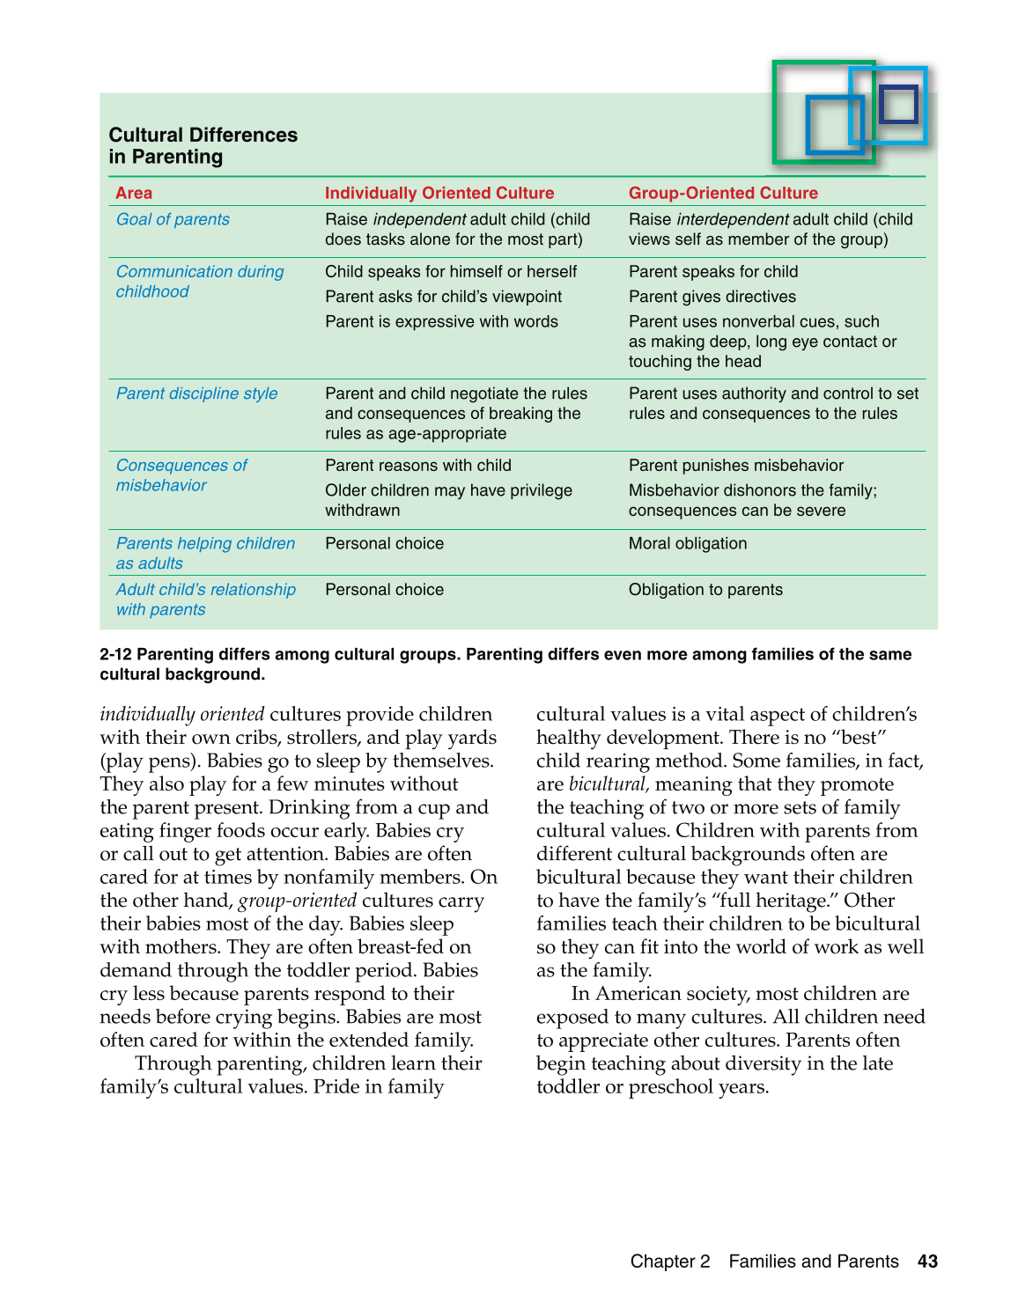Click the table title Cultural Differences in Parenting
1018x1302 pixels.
click(203, 146)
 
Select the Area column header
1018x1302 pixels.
click(134, 193)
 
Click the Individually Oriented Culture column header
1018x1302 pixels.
click(439, 193)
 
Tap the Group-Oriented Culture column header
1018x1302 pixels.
click(723, 193)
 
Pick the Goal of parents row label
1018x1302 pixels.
click(173, 219)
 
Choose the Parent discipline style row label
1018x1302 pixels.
click(196, 394)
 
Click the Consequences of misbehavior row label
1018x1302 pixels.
click(181, 475)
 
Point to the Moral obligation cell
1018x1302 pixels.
click(688, 544)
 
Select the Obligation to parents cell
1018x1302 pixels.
click(705, 590)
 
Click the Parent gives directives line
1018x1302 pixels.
click(712, 297)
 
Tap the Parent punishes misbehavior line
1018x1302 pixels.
click(736, 466)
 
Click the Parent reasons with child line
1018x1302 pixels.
click(418, 466)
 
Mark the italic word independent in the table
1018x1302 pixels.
click(419, 219)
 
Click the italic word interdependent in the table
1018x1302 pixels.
click(732, 219)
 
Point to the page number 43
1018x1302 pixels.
click(927, 1262)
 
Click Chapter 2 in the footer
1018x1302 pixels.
click(670, 1262)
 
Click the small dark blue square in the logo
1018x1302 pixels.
click(898, 104)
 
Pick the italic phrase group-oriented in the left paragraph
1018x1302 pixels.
click(298, 901)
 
